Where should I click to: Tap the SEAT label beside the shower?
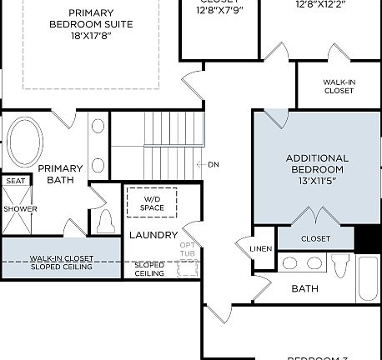pyautogui.click(x=15, y=181)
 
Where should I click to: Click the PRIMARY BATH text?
pyautogui.click(x=60, y=173)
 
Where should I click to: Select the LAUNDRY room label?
pyautogui.click(x=153, y=236)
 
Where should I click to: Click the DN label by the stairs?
pyautogui.click(x=214, y=164)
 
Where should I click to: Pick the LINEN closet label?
pyautogui.click(x=260, y=249)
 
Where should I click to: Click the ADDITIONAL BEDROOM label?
pyautogui.click(x=316, y=163)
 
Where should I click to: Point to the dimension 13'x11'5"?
pyautogui.click(x=316, y=181)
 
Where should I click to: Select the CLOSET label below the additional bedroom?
pyautogui.click(x=315, y=239)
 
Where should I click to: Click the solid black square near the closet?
pyautogui.click(x=367, y=237)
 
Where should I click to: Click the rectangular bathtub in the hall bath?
pyautogui.click(x=368, y=277)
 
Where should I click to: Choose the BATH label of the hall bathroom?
pyautogui.click(x=304, y=289)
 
